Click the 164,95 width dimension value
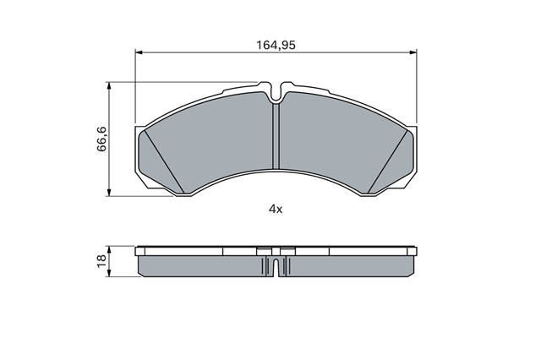tap(276, 45)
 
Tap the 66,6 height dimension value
tap(102, 139)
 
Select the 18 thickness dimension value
tap(101, 260)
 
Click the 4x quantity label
tap(276, 209)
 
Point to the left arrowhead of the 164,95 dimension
tap(139, 52)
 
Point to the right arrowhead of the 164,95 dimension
tap(413, 52)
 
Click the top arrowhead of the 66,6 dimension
tap(109, 86)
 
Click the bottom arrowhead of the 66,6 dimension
tap(109, 193)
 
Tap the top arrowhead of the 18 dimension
tap(109, 250)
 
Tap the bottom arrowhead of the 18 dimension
tap(109, 272)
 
